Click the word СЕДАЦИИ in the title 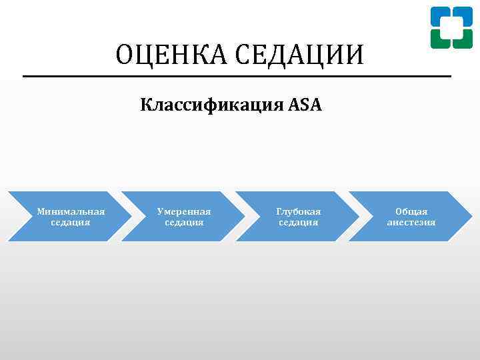click(297, 55)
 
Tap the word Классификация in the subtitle click(211, 105)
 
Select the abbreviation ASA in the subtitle click(305, 105)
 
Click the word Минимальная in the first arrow click(71, 211)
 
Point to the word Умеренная click(184, 211)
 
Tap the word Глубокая click(298, 211)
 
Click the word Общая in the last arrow click(411, 211)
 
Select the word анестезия click(411, 222)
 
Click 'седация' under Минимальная click(71, 222)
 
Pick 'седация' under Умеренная click(184, 222)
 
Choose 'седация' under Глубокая click(298, 222)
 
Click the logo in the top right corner click(451, 27)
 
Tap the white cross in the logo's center click(451, 27)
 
